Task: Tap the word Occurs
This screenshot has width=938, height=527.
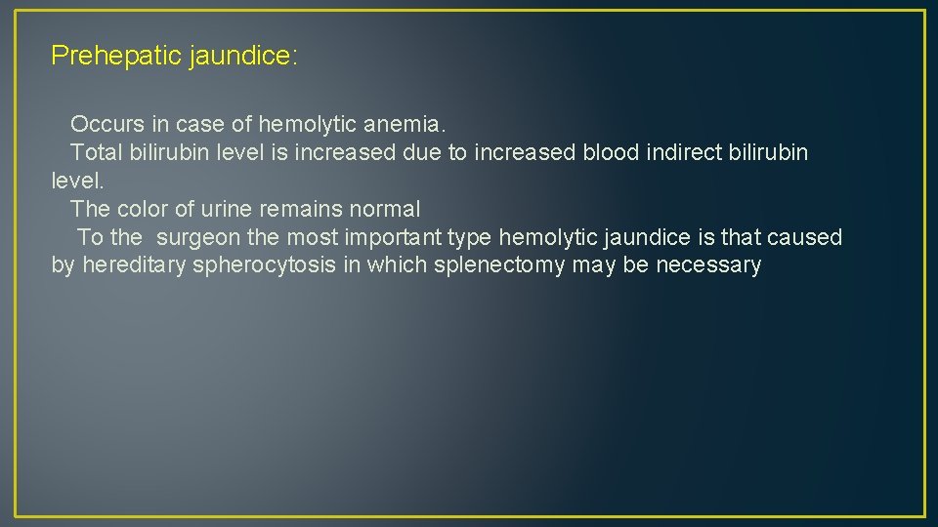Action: coord(107,125)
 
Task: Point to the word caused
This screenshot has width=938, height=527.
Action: coord(805,237)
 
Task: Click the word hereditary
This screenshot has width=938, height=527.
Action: coord(134,265)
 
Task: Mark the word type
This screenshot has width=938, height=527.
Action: coord(470,237)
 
